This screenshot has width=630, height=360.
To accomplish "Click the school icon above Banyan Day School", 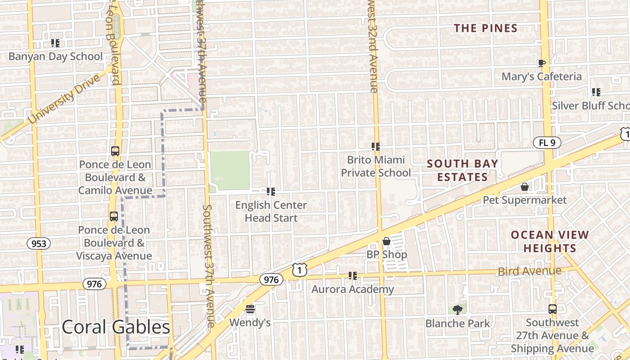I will (55, 43).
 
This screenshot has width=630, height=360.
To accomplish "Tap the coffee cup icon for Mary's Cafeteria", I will (542, 63).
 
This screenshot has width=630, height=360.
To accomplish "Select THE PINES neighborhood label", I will (486, 28).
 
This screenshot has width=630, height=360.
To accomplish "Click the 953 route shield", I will (39, 244).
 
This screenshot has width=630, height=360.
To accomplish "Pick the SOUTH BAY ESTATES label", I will (462, 170).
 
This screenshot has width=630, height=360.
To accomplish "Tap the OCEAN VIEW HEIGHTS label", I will (549, 241).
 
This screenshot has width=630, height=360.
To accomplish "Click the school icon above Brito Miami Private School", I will (376, 146).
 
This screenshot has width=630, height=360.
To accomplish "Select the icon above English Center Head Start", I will (271, 192).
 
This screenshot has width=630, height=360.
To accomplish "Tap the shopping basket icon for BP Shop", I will (386, 241).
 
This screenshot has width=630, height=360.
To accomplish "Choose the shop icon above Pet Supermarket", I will (525, 186).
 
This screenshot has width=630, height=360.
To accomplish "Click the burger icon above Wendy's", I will (250, 309).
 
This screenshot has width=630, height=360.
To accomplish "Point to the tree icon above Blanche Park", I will (458, 310).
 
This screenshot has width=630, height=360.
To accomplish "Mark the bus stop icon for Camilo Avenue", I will (115, 151).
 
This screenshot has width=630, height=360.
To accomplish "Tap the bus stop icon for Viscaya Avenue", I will (114, 216).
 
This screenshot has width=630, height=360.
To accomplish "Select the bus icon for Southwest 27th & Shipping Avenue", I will (552, 309).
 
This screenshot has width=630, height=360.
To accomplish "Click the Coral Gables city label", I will (116, 327).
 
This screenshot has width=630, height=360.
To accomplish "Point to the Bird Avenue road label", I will (530, 271).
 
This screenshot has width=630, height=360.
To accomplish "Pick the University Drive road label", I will (63, 99).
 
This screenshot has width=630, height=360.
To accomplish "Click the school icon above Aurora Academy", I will (353, 275).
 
